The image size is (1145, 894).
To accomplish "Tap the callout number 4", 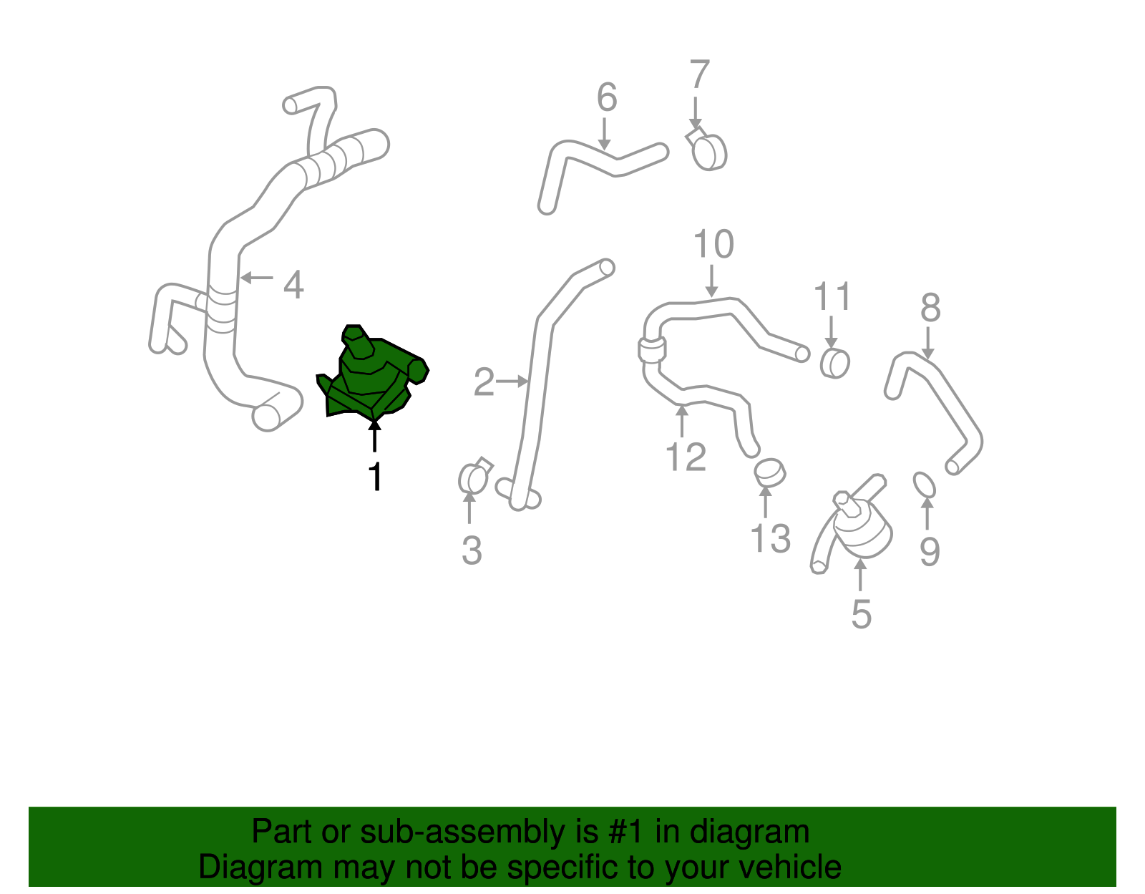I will [293, 285].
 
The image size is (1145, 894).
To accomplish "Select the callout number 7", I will [699, 74].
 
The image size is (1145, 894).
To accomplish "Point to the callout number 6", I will [606, 97].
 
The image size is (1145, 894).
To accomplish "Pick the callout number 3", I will [471, 550].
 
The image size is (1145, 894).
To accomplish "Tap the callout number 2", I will [484, 382].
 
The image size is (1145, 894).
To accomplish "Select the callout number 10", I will [713, 245].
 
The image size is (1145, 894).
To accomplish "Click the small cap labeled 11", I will [834, 363].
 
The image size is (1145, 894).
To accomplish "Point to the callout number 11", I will [832, 296].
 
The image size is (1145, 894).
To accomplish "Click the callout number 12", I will [686, 457].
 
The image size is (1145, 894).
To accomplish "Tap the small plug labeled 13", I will [769, 472].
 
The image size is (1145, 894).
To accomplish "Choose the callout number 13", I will [770, 538].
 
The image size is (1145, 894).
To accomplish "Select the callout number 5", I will [861, 614].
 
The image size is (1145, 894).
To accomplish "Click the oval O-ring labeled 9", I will [925, 485].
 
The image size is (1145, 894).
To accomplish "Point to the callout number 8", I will [930, 308].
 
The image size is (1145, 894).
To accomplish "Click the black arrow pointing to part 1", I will [374, 435].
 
